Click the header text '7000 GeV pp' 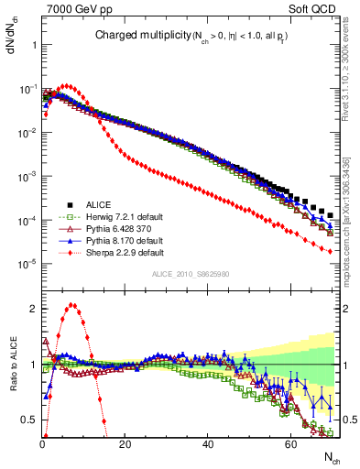point(73,8)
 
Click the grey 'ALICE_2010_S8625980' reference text point(191,274)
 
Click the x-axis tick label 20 point(125,444)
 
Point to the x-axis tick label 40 point(208,444)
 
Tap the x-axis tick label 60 point(290,444)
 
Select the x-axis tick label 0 point(42,444)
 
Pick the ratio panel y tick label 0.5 point(30,420)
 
